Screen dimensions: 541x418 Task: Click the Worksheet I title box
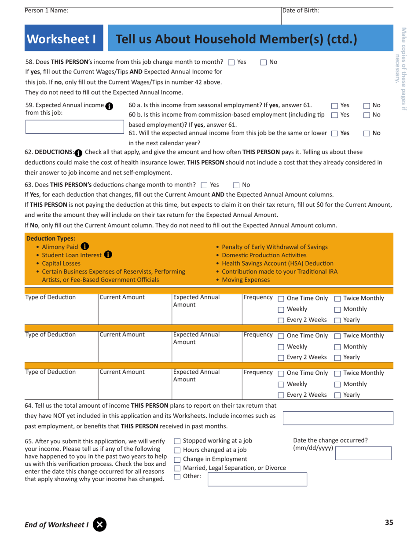[x=62, y=39]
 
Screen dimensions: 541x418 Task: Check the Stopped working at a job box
[x=177, y=441]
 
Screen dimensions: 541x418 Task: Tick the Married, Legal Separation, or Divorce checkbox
[x=177, y=468]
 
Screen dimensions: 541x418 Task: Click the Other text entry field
[x=257, y=479]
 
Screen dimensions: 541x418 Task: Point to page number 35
[x=389, y=523]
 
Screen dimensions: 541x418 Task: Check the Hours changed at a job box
[x=177, y=450]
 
